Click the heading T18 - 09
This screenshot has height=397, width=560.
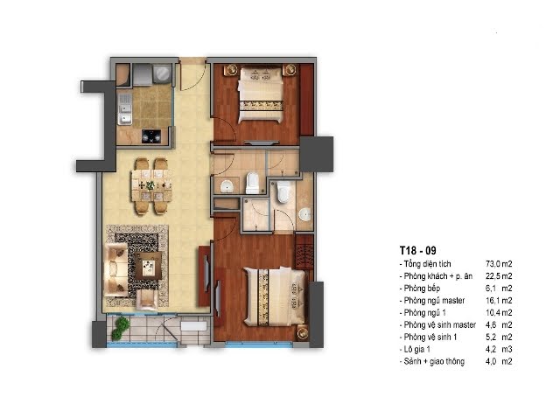(x=418, y=250)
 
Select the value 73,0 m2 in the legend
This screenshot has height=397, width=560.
(x=499, y=264)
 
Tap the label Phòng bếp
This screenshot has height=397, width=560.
(x=422, y=289)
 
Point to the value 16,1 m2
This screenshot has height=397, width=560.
(x=499, y=301)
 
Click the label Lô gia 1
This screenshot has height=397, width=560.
(x=416, y=349)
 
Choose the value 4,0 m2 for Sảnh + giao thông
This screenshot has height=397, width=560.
(x=499, y=361)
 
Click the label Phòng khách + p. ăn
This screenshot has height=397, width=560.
(x=437, y=276)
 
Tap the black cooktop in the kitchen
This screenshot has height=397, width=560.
(x=151, y=136)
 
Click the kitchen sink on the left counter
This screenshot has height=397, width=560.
(x=124, y=109)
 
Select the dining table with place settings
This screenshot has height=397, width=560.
(x=151, y=185)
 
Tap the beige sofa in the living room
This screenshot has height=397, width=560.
(x=115, y=270)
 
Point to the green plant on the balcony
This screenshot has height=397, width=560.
(x=120, y=329)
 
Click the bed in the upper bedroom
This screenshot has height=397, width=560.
(x=261, y=95)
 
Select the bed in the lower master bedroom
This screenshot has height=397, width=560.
(x=275, y=296)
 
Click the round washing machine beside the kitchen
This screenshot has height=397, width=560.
(x=162, y=74)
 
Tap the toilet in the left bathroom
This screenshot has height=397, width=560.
(x=253, y=183)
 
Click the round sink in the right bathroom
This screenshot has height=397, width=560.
(x=305, y=214)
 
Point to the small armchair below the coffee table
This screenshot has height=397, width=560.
(x=146, y=299)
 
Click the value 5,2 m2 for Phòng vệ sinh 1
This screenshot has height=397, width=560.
(x=499, y=337)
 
